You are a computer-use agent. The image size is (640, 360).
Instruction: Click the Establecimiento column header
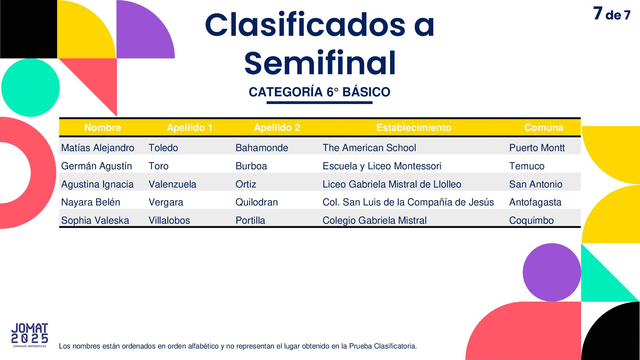414,128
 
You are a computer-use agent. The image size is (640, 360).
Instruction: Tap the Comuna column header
544,128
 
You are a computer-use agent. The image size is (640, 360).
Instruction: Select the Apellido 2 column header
277,128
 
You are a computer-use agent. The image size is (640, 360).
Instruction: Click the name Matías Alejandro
98,148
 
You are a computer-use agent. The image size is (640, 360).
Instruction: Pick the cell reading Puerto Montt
537,148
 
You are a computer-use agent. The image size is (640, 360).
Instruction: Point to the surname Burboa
251,166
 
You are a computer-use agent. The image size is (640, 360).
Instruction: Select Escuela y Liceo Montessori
382,166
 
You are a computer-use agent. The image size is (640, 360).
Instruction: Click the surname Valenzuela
172,184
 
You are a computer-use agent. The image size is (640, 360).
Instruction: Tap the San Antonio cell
536,184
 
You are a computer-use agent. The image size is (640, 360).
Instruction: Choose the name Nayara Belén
91,202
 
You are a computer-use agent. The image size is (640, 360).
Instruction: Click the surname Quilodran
257,202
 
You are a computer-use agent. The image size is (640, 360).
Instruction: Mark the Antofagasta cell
535,203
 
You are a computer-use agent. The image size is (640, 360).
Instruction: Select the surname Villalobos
169,220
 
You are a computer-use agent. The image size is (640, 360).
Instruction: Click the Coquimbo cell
532,220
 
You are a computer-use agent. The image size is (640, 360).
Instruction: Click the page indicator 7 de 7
612,14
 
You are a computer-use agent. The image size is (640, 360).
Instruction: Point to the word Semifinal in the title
320,63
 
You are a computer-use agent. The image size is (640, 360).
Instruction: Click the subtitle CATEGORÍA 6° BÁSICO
319,92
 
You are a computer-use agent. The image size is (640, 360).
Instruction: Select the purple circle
552,272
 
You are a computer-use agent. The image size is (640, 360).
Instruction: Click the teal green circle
30,87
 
